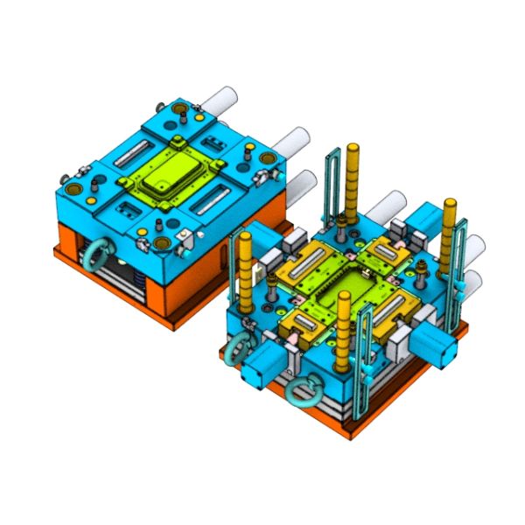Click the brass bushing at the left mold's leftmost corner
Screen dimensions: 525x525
click(x=71, y=186)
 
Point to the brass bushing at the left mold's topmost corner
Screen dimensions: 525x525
click(x=181, y=111)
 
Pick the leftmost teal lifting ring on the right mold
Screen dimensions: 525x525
click(x=236, y=350)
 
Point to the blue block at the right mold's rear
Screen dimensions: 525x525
click(x=418, y=219)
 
